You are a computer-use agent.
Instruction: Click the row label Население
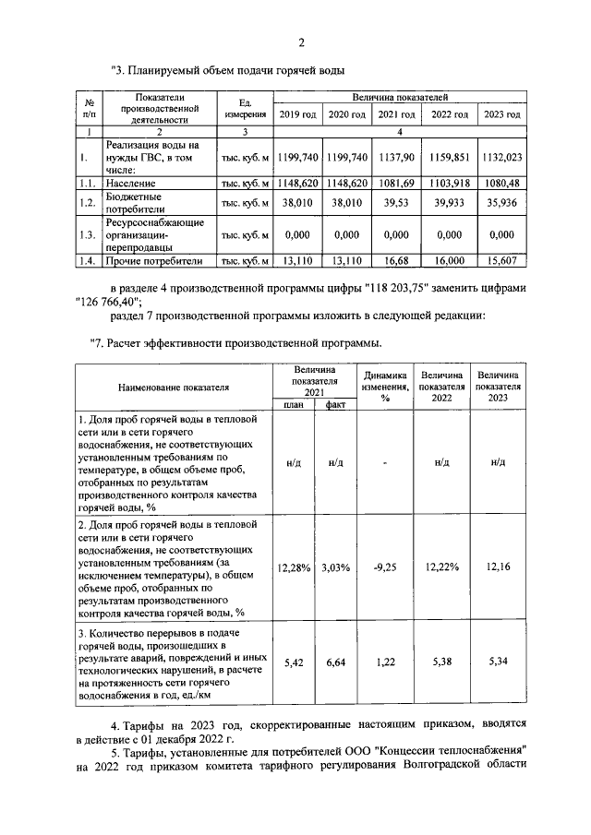click(x=129, y=184)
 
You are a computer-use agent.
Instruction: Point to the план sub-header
click(x=293, y=404)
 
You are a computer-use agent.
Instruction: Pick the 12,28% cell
click(x=293, y=567)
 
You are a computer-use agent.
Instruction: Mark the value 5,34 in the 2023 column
click(x=497, y=662)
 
